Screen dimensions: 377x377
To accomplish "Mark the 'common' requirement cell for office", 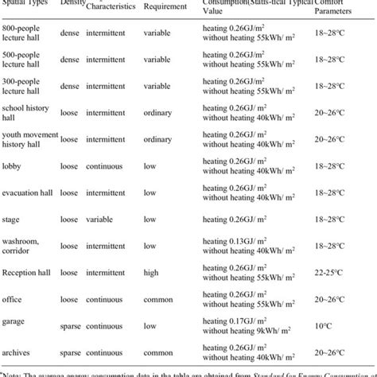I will click(159, 300).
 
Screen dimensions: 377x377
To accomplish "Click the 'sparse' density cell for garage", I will click(70, 325).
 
